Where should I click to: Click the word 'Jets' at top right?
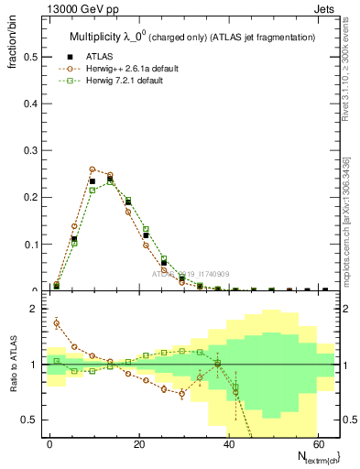325,10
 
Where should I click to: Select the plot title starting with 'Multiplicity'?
192,37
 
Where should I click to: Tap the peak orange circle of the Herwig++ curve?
93,169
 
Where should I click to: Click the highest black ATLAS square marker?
110,179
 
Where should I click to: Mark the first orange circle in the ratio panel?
57,322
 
